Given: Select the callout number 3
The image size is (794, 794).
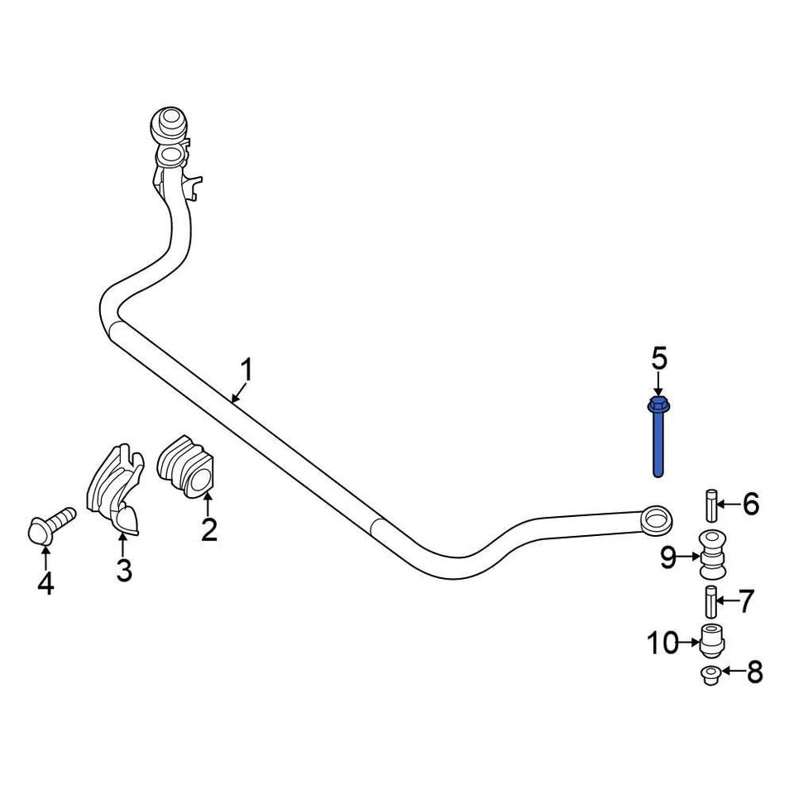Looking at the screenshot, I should pos(123,569).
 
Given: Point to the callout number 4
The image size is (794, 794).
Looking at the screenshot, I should pos(45,583).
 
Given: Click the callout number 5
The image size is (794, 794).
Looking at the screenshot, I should pos(658,359).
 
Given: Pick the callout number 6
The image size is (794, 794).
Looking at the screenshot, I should pos(749,503).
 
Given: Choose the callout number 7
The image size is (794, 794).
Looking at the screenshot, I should pos(747,601).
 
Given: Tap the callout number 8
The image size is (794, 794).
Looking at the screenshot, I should pos(753,672).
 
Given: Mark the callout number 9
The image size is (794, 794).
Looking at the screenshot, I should pos(669,559).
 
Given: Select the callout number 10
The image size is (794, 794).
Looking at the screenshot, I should pos(662,642).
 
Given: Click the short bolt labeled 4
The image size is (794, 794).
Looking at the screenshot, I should pos(50,526).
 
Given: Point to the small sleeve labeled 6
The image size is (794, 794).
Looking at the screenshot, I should pos(710,503).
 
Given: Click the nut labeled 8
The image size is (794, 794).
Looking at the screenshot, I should pos(710,676).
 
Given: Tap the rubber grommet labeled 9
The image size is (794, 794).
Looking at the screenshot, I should pos(710,555).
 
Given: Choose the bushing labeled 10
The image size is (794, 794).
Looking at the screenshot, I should pos(711,639).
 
